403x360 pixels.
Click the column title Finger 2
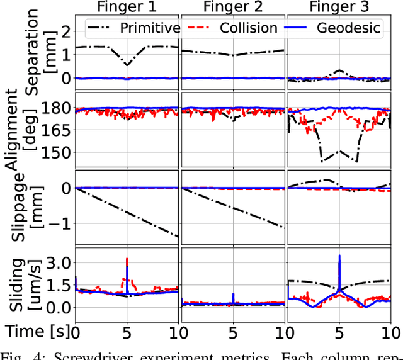point(233,9)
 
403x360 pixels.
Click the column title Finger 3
point(339,9)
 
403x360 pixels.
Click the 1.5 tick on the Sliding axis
point(57,285)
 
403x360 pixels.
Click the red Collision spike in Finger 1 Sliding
point(128,261)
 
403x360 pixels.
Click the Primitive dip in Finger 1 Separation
point(128,64)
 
